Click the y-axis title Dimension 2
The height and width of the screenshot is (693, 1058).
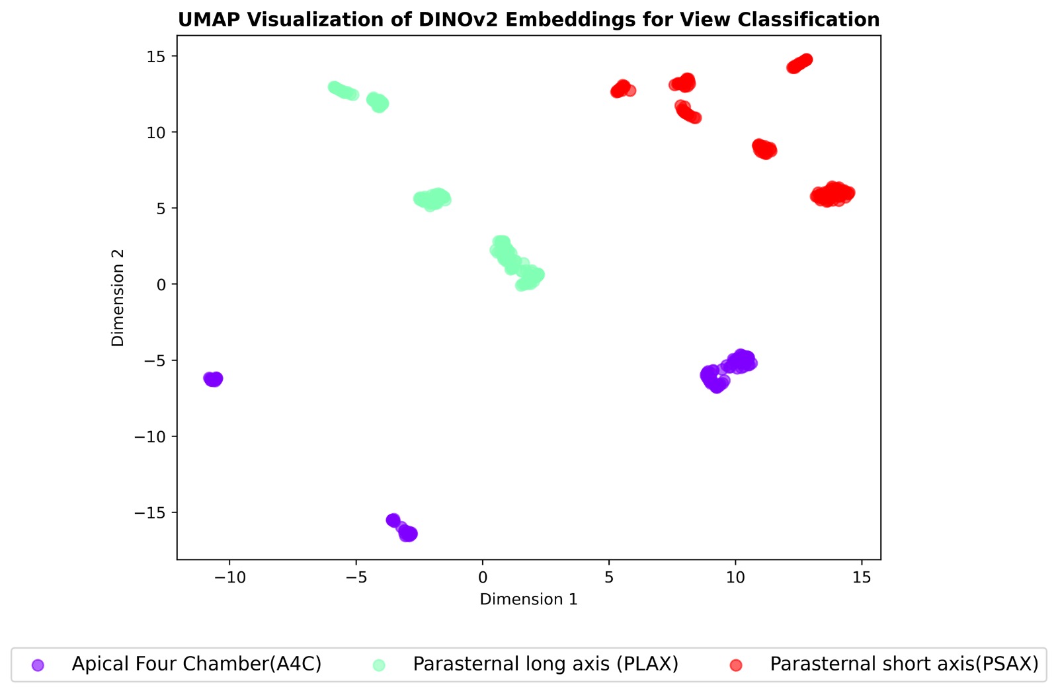pos(118,297)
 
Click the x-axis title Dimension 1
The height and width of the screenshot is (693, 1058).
pos(528,599)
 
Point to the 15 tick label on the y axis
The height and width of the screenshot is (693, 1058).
pos(157,56)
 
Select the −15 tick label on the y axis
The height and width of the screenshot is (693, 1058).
pos(151,512)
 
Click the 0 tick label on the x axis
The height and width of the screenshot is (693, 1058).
pos(483,577)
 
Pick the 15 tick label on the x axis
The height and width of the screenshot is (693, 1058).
pos(862,577)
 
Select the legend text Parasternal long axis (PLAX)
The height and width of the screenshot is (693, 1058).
pos(546,664)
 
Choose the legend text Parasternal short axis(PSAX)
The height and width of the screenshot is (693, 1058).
pos(904,664)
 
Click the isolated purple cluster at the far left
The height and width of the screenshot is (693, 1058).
pos(213,379)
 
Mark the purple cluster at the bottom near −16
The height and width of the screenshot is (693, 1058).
pos(403,528)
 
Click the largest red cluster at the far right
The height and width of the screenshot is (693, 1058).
pos(832,194)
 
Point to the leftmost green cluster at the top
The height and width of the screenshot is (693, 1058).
pos(343,91)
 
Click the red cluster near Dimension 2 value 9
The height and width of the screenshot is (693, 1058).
pos(764,149)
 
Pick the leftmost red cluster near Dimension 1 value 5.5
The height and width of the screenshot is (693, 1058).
pos(622,89)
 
